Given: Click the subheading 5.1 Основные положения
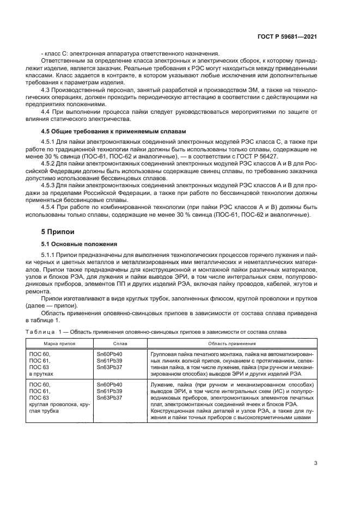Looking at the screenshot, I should click(x=80, y=244).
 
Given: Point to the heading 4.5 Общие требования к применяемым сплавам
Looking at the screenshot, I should click(x=114, y=131).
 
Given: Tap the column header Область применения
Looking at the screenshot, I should click(x=231, y=344).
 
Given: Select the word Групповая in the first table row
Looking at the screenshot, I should click(x=164, y=354).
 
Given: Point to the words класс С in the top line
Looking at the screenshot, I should click(x=55, y=53).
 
